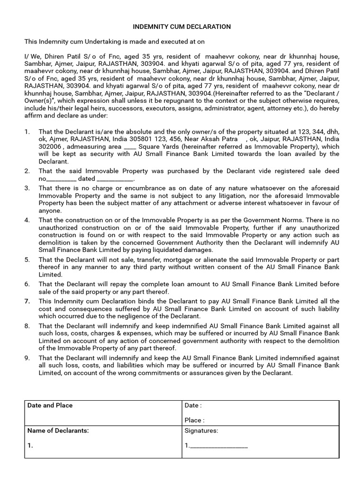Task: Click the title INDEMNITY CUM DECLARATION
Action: (x=182, y=27)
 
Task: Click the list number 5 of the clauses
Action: (x=27, y=260)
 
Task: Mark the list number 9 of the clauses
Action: (x=27, y=358)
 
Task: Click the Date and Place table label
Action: (x=50, y=405)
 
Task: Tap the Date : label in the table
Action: (x=193, y=405)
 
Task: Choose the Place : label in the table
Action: (x=194, y=420)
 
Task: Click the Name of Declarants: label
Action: (x=58, y=431)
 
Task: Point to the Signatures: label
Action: (x=201, y=431)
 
